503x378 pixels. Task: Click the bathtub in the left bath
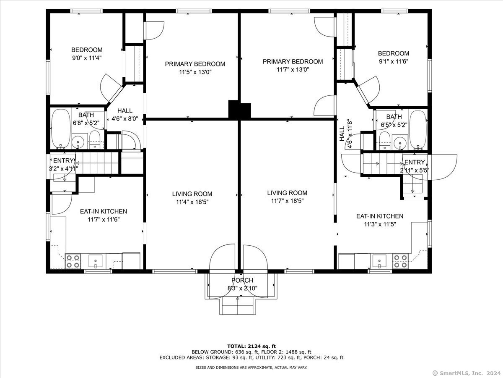[x=61, y=129]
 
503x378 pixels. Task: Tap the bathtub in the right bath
[x=418, y=130]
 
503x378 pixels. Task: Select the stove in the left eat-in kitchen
[x=73, y=261]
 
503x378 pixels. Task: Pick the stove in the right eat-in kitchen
[x=401, y=261]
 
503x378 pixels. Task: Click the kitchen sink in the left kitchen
[x=95, y=261]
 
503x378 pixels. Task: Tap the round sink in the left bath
[x=78, y=142]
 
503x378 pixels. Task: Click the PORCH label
[x=242, y=280]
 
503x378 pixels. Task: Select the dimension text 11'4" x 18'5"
[x=192, y=202]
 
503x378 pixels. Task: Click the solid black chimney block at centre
[x=240, y=110]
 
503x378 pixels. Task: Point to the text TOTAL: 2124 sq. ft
[x=251, y=346]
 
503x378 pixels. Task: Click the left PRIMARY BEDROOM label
[x=195, y=64]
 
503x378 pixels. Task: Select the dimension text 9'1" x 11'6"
[x=394, y=61]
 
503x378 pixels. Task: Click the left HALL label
[x=125, y=110]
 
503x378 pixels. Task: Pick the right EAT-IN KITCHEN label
[x=380, y=216]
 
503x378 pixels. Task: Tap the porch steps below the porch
[x=238, y=306]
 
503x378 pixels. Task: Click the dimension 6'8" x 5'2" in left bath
[x=86, y=123]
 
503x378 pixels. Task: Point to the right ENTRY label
[x=415, y=162]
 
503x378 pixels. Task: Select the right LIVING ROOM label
[x=287, y=193]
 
